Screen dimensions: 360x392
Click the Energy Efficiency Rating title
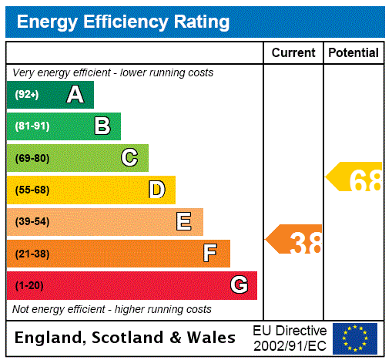tap(123, 22)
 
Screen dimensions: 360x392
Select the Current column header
tap(293, 53)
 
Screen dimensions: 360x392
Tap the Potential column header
tap(353, 53)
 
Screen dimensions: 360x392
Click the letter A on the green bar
tap(75, 95)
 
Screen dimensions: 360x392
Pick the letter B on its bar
tap(102, 126)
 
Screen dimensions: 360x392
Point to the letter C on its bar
tap(129, 158)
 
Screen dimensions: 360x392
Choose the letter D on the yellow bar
tap(156, 190)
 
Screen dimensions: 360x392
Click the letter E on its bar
tap(184, 222)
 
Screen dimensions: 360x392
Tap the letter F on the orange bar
tap(209, 254)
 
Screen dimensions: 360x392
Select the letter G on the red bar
tap(239, 285)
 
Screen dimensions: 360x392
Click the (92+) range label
tap(27, 95)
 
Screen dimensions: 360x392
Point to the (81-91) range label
tap(32, 126)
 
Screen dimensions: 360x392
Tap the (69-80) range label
tap(32, 159)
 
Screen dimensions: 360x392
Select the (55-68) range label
tap(32, 190)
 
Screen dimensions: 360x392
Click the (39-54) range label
tap(32, 222)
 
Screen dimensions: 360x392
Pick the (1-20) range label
tap(29, 286)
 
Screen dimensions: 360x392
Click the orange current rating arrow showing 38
tap(295, 240)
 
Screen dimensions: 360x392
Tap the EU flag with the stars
tap(355, 338)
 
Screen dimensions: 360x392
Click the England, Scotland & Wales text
tap(126, 338)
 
